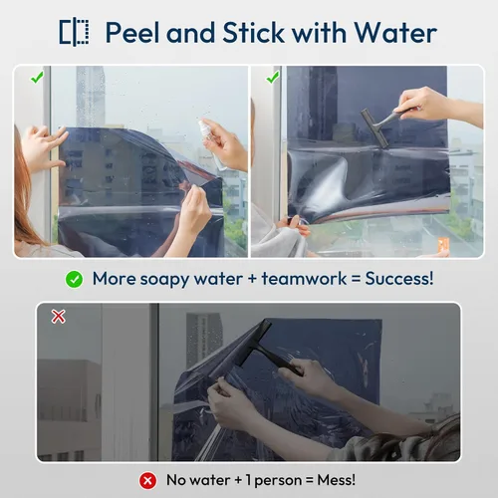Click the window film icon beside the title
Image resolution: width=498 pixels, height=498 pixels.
tap(74, 32)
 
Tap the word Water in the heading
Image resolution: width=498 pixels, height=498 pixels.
tap(395, 33)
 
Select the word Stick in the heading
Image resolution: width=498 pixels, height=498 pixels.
tap(253, 32)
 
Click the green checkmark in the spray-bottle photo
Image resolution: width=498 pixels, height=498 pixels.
tap(37, 78)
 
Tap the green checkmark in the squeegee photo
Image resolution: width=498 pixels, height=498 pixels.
tap(273, 78)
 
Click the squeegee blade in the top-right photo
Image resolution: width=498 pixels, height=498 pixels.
tap(374, 127)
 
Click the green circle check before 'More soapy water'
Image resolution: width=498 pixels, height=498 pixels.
tap(74, 280)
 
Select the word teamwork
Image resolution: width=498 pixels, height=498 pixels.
tap(304, 278)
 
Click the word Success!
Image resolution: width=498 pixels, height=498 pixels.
tap(399, 278)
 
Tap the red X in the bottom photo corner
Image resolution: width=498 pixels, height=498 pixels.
tap(59, 317)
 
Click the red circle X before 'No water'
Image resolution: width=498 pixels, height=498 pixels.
tap(147, 481)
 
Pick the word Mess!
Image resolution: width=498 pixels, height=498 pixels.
tap(337, 480)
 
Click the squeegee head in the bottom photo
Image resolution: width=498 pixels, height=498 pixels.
tap(254, 342)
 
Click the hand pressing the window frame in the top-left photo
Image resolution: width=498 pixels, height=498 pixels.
tap(43, 146)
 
